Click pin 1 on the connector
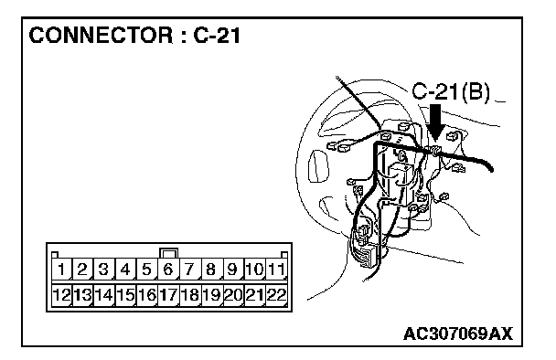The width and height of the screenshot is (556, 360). click(61, 270)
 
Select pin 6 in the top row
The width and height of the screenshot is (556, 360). click(168, 270)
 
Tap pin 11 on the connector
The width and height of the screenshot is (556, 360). click(276, 270)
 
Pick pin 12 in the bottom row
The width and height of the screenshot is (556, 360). click(61, 295)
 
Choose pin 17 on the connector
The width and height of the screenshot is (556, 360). click(168, 295)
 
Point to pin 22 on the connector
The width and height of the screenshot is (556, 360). click(276, 295)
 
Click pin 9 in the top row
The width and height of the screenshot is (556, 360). click(232, 270)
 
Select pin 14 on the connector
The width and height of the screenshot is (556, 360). click(104, 295)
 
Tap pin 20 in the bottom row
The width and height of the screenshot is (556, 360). click(232, 295)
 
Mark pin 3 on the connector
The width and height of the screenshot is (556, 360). click(104, 270)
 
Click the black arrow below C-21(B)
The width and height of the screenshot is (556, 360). click(435, 122)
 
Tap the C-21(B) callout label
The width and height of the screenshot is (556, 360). click(451, 92)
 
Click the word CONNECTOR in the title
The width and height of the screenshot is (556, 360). click(102, 36)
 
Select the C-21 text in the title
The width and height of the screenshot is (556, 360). click(217, 36)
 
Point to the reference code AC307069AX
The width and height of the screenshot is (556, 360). click(458, 334)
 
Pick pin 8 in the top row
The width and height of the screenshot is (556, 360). click(211, 270)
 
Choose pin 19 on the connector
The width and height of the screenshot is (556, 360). click(211, 295)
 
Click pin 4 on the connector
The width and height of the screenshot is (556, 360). click(125, 270)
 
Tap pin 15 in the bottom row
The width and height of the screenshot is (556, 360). click(125, 295)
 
